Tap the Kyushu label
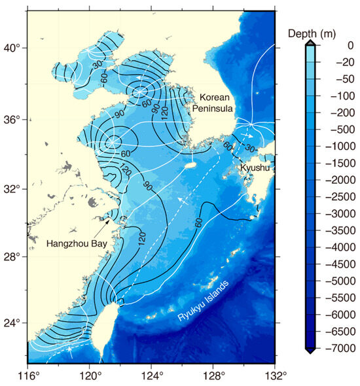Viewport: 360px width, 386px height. click(255, 168)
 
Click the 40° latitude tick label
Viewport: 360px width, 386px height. click(13, 48)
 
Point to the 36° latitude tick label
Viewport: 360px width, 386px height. click(13, 120)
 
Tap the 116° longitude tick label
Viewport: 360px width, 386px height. click(27, 375)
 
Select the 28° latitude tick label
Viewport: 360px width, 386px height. click(13, 257)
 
